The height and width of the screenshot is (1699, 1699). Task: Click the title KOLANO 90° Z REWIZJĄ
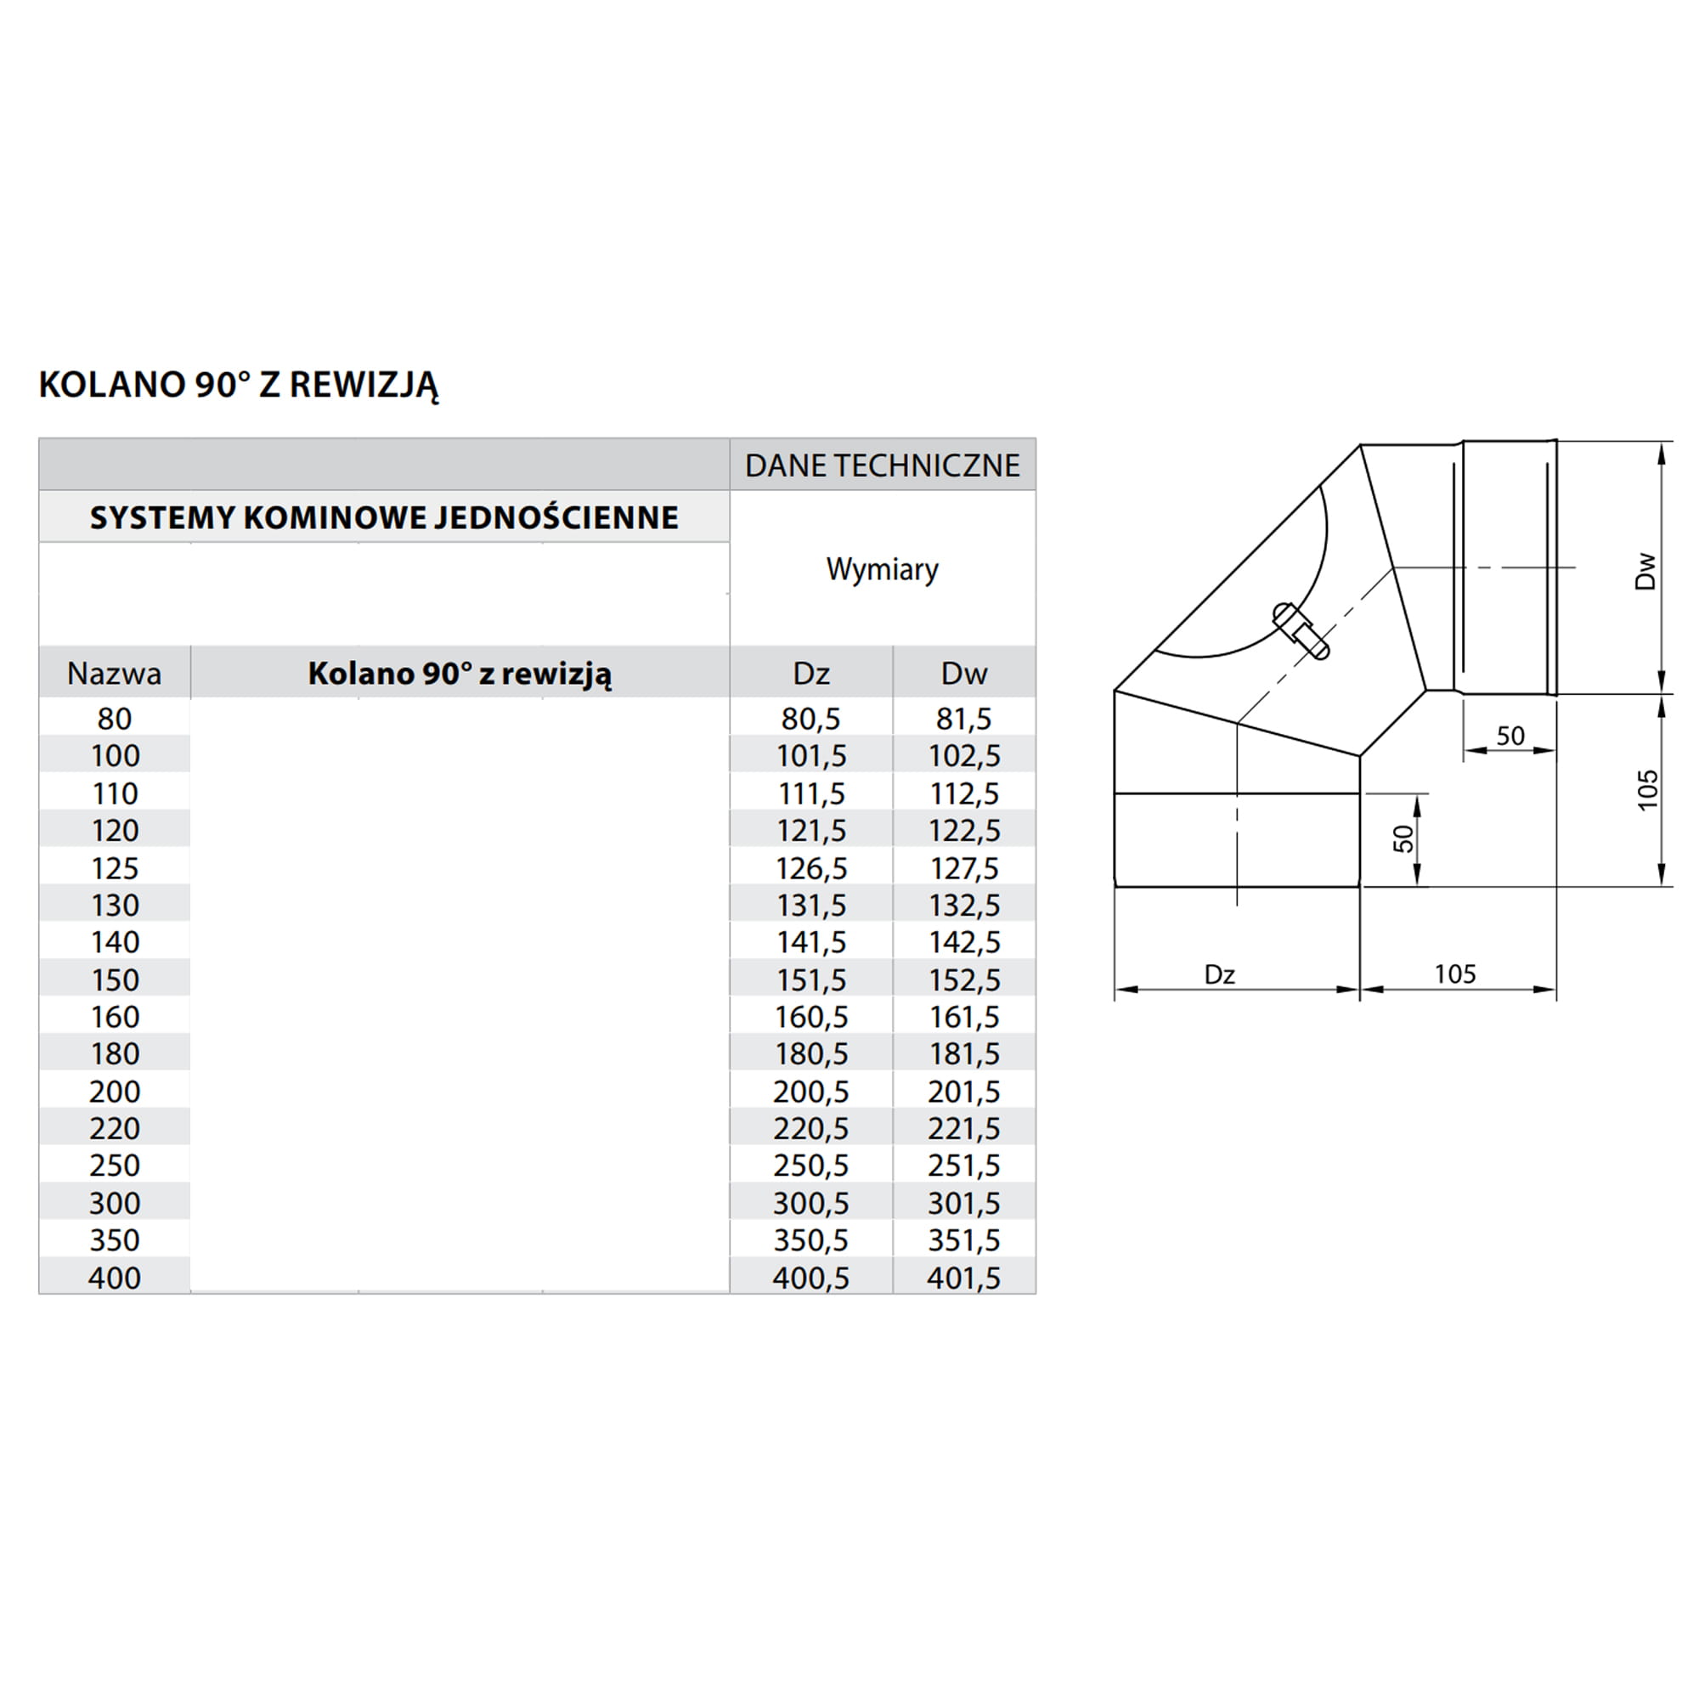[239, 384]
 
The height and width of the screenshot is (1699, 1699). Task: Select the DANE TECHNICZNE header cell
[882, 466]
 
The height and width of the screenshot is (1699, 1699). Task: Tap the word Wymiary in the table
[882, 569]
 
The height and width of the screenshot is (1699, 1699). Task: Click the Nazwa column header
[115, 674]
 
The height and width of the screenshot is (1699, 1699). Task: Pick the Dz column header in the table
[810, 674]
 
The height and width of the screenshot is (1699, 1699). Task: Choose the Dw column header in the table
[964, 674]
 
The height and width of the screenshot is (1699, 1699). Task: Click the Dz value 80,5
[810, 719]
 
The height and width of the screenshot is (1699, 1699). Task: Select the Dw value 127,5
[964, 868]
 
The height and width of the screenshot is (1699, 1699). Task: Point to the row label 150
[115, 979]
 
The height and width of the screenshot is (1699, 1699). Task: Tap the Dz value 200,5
[810, 1092]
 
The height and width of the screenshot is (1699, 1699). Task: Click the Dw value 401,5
[964, 1278]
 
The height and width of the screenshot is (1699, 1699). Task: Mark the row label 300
[115, 1203]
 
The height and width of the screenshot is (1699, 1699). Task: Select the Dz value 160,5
[810, 1017]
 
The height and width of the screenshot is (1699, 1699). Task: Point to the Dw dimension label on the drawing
[1645, 571]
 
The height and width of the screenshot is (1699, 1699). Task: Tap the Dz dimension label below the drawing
[1220, 974]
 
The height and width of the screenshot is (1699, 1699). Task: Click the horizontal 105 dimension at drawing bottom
[1455, 974]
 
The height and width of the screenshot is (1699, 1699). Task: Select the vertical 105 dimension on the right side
[1647, 790]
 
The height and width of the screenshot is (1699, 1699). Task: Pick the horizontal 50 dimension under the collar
[1510, 735]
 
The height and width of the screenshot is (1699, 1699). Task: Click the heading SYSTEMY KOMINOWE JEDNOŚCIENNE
[384, 517]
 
